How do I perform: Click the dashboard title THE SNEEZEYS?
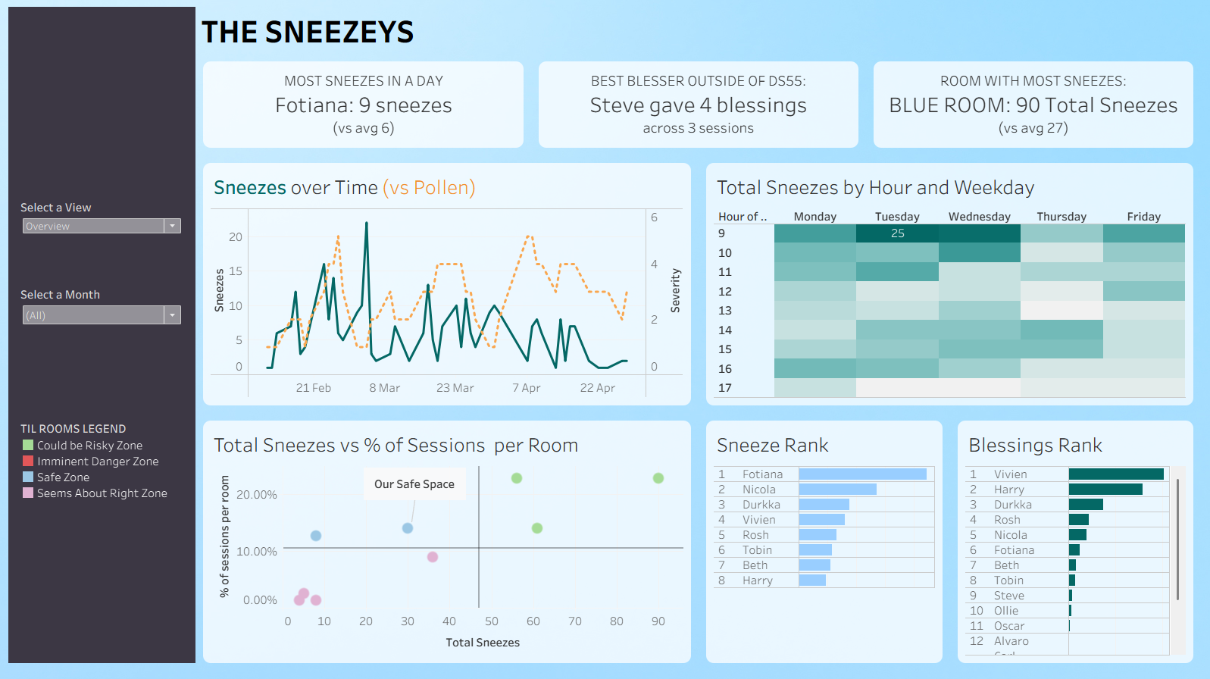point(308,33)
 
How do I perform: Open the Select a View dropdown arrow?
point(173,226)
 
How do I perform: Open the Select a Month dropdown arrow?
point(173,315)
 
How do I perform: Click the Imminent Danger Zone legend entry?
point(98,462)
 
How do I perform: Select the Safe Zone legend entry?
point(63,477)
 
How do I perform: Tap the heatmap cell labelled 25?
point(897,233)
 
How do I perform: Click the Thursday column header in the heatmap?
point(1061,217)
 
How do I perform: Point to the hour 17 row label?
point(725,388)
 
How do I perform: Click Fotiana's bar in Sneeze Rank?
point(862,474)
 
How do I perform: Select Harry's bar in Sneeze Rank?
point(812,580)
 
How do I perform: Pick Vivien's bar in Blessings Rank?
point(1116,474)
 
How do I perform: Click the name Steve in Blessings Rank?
point(1008,596)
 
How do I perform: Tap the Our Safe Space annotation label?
point(414,484)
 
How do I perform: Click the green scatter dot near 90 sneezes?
point(658,478)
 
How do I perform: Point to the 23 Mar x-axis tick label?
point(455,388)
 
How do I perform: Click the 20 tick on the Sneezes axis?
point(236,237)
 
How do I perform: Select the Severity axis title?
point(675,290)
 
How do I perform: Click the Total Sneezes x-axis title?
point(483,643)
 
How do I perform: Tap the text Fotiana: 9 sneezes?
point(363,105)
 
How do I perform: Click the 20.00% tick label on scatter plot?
point(257,495)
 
